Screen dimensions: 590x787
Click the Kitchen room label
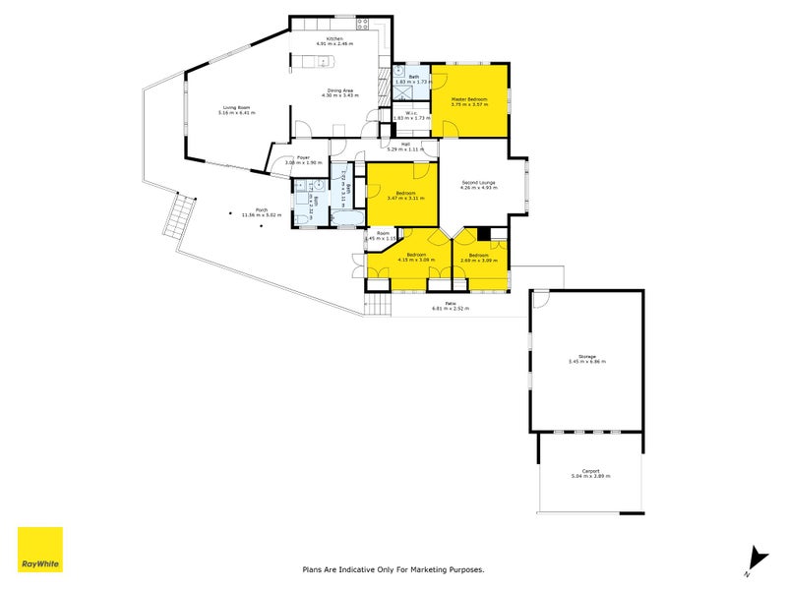coord(334,38)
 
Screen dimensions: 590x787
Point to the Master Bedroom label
coord(469,99)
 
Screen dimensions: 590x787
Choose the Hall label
coord(404,144)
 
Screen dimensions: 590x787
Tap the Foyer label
coord(304,157)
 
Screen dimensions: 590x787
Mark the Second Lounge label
coord(478,181)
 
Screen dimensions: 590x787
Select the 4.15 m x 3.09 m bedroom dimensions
coord(414,261)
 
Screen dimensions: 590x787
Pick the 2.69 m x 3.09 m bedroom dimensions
coord(478,261)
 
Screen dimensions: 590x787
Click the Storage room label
coord(587,357)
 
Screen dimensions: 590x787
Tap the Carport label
coord(590,470)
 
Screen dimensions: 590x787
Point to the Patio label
coord(450,303)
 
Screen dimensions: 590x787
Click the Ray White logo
coord(40,550)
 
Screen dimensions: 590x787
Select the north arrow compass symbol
coord(755,558)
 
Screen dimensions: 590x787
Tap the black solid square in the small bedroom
coord(483,234)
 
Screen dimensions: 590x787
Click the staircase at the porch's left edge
coord(177,217)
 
